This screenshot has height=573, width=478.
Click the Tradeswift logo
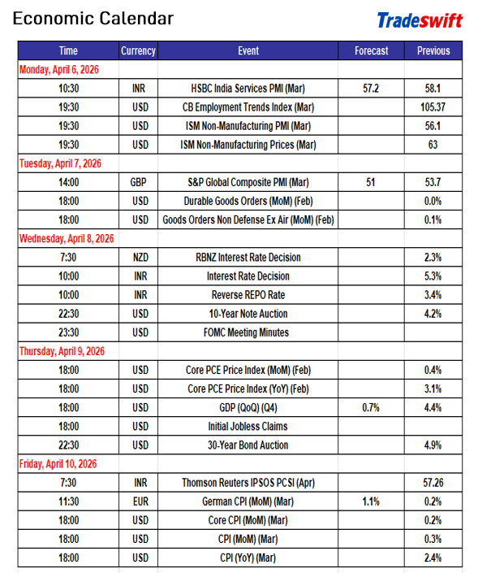click(x=419, y=20)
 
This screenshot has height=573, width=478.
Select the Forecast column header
click(x=371, y=50)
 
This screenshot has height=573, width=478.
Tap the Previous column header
click(x=433, y=50)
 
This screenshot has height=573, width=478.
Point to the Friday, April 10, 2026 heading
click(x=58, y=463)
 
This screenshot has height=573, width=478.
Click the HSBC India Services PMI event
click(x=248, y=88)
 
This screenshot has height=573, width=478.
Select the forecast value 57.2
click(x=371, y=88)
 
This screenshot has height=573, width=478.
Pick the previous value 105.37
click(x=433, y=106)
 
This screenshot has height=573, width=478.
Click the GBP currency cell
click(x=139, y=182)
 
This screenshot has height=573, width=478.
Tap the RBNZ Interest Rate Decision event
click(x=248, y=257)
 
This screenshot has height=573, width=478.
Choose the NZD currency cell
click(x=139, y=257)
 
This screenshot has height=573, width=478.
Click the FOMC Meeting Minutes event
click(x=248, y=332)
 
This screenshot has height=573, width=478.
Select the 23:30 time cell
click(x=69, y=332)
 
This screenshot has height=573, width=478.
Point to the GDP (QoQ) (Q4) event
click(x=248, y=407)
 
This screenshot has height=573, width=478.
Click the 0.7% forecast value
click(x=371, y=407)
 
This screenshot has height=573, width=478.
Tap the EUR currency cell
click(x=139, y=501)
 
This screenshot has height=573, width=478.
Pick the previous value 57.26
click(x=433, y=483)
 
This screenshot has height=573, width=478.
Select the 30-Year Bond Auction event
click(x=248, y=445)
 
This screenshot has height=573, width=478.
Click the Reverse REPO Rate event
click(x=248, y=295)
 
